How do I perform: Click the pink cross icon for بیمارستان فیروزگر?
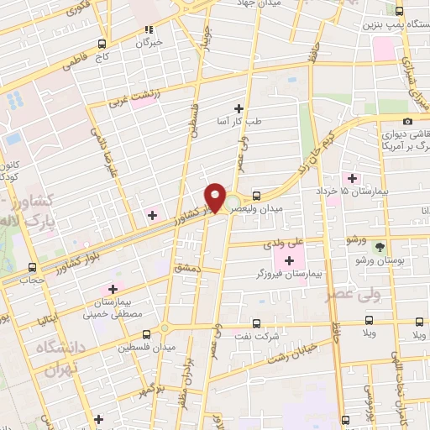[289, 260]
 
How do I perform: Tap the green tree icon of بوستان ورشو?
[380, 247]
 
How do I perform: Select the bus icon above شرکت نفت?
[256, 323]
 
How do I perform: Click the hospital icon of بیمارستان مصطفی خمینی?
[112, 290]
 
